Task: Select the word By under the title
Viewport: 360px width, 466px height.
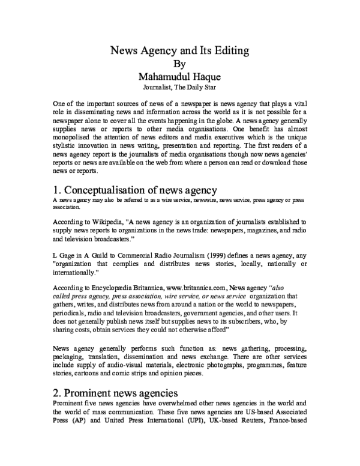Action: tap(179, 64)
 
